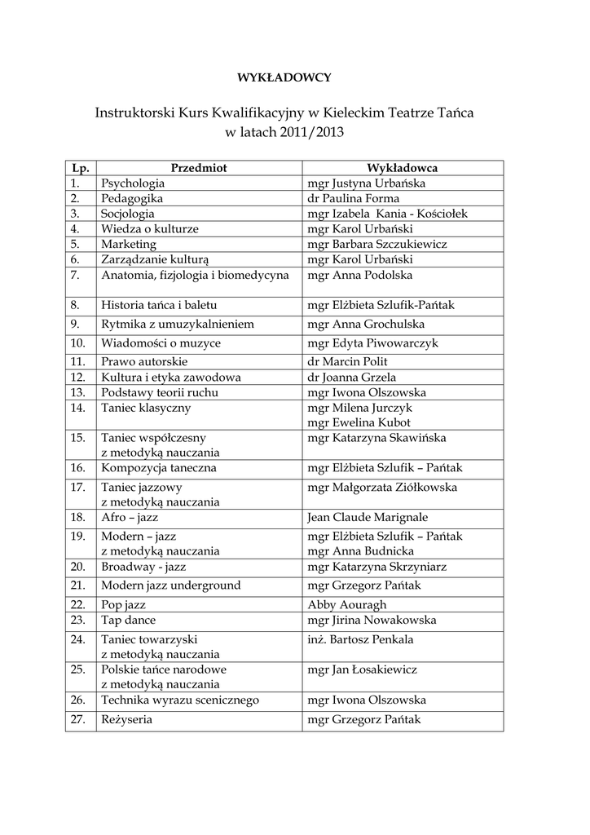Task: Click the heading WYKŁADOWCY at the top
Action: coord(284,78)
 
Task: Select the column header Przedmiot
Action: coord(198,168)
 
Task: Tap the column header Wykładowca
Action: coord(403,168)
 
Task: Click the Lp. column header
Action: coord(80,168)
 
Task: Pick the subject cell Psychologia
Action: coord(133,183)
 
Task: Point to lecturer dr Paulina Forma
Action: coord(353,198)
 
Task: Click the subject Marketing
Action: coord(129,244)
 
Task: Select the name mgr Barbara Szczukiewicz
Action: coord(377,244)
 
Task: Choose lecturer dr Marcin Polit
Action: coord(348,361)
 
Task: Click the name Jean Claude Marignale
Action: coord(368,518)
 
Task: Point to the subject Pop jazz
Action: coord(125,605)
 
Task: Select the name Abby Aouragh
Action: coord(347,605)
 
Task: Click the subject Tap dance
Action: coord(129,620)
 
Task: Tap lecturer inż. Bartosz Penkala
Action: coord(360,639)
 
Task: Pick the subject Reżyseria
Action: coord(127,721)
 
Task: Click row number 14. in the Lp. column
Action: coord(78,407)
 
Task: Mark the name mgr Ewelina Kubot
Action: coord(359,422)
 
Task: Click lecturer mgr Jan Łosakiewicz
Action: coord(362,669)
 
